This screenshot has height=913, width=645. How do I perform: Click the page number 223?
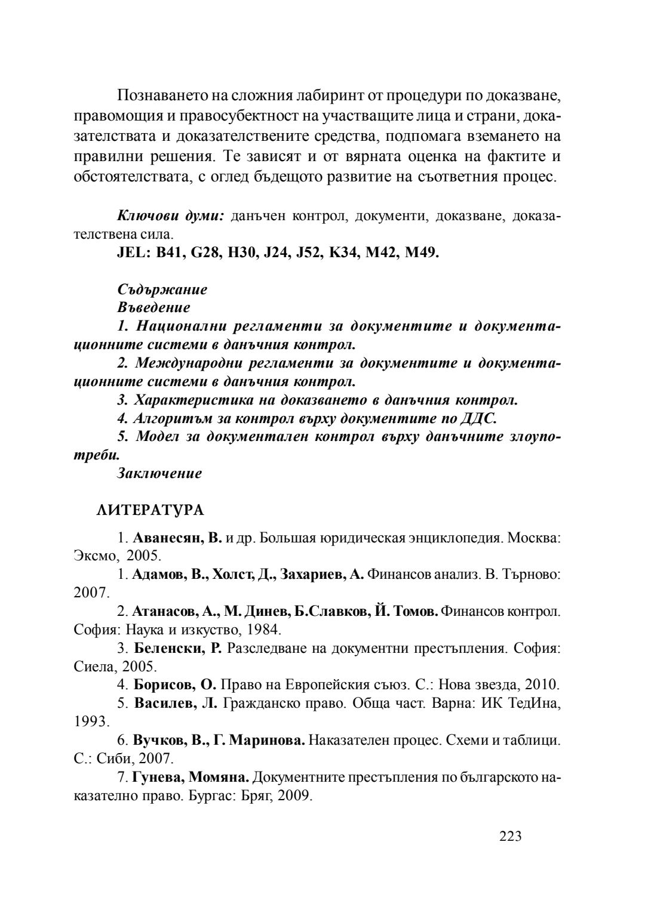pyautogui.click(x=511, y=836)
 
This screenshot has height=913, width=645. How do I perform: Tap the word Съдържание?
pyautogui.click(x=162, y=290)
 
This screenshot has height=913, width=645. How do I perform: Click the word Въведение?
pyautogui.click(x=154, y=308)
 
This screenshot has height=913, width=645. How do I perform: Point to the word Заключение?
pyautogui.click(x=160, y=473)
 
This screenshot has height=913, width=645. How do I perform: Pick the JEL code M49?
pyautogui.click(x=422, y=253)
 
